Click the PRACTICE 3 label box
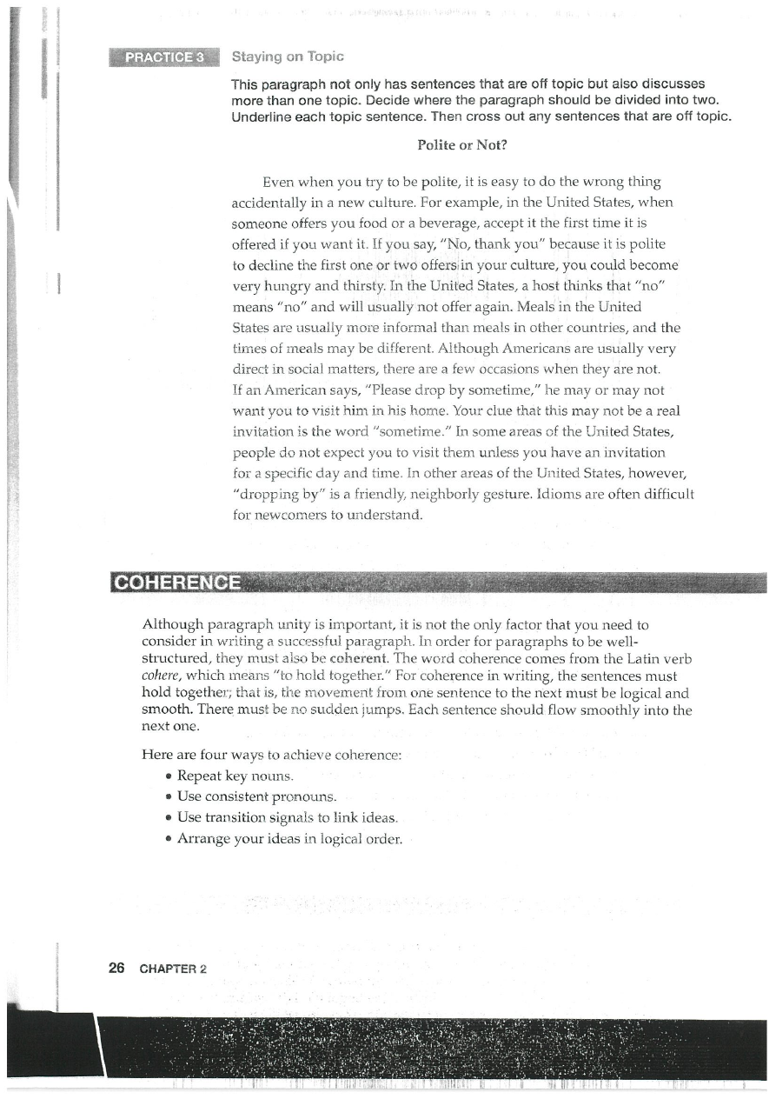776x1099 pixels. (x=165, y=57)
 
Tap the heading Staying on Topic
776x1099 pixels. (x=288, y=57)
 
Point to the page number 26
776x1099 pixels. (x=117, y=968)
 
